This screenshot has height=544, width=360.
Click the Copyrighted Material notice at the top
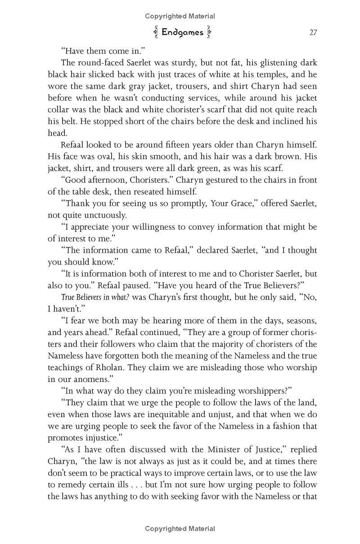pyautogui.click(x=180, y=16)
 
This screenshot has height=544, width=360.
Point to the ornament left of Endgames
pyautogui.click(x=156, y=32)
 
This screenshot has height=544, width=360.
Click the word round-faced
pyautogui.click(x=99, y=63)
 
